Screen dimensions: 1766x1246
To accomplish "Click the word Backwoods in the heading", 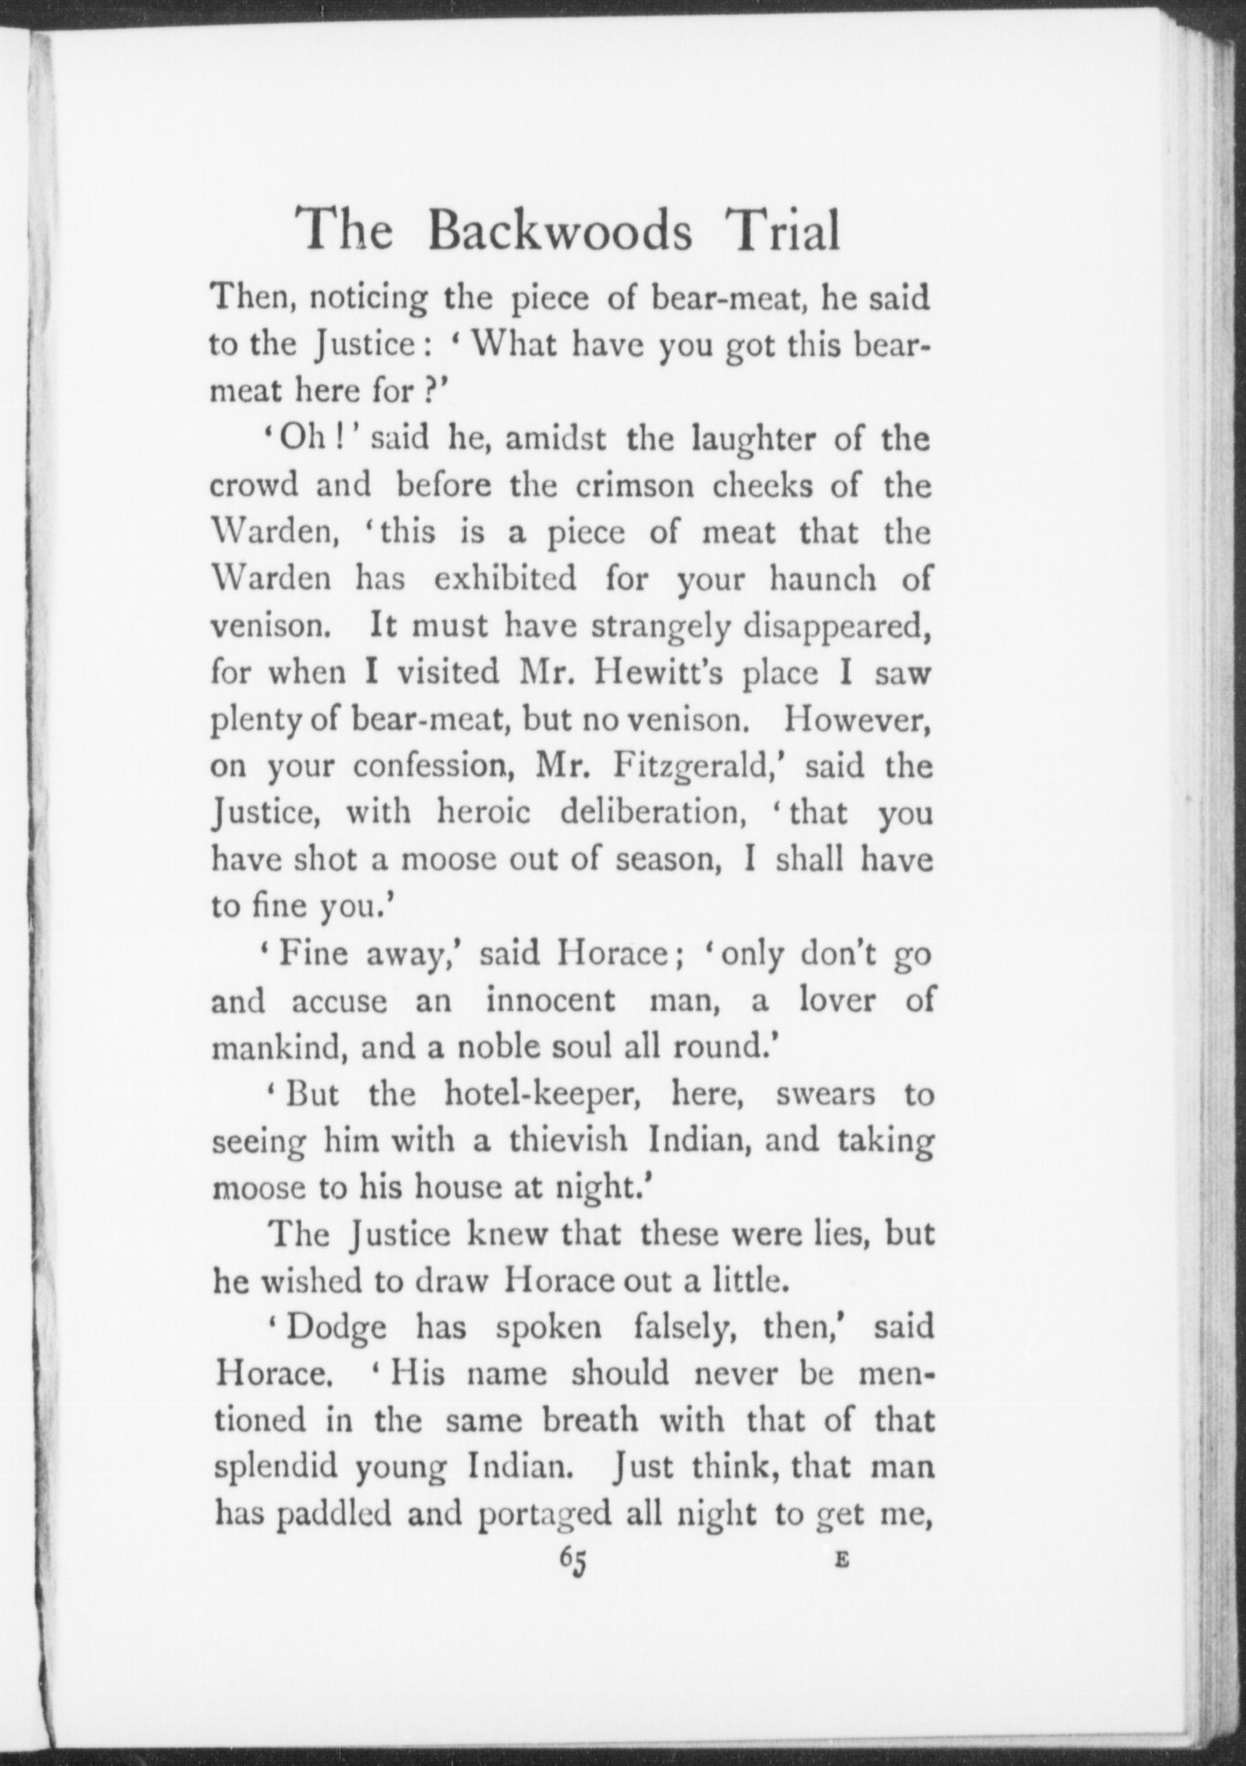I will pos(559,231).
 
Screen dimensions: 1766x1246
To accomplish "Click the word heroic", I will pos(483,813).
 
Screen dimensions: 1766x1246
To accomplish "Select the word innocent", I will pos(550,1000).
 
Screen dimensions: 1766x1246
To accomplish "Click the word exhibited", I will pos(505,579).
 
